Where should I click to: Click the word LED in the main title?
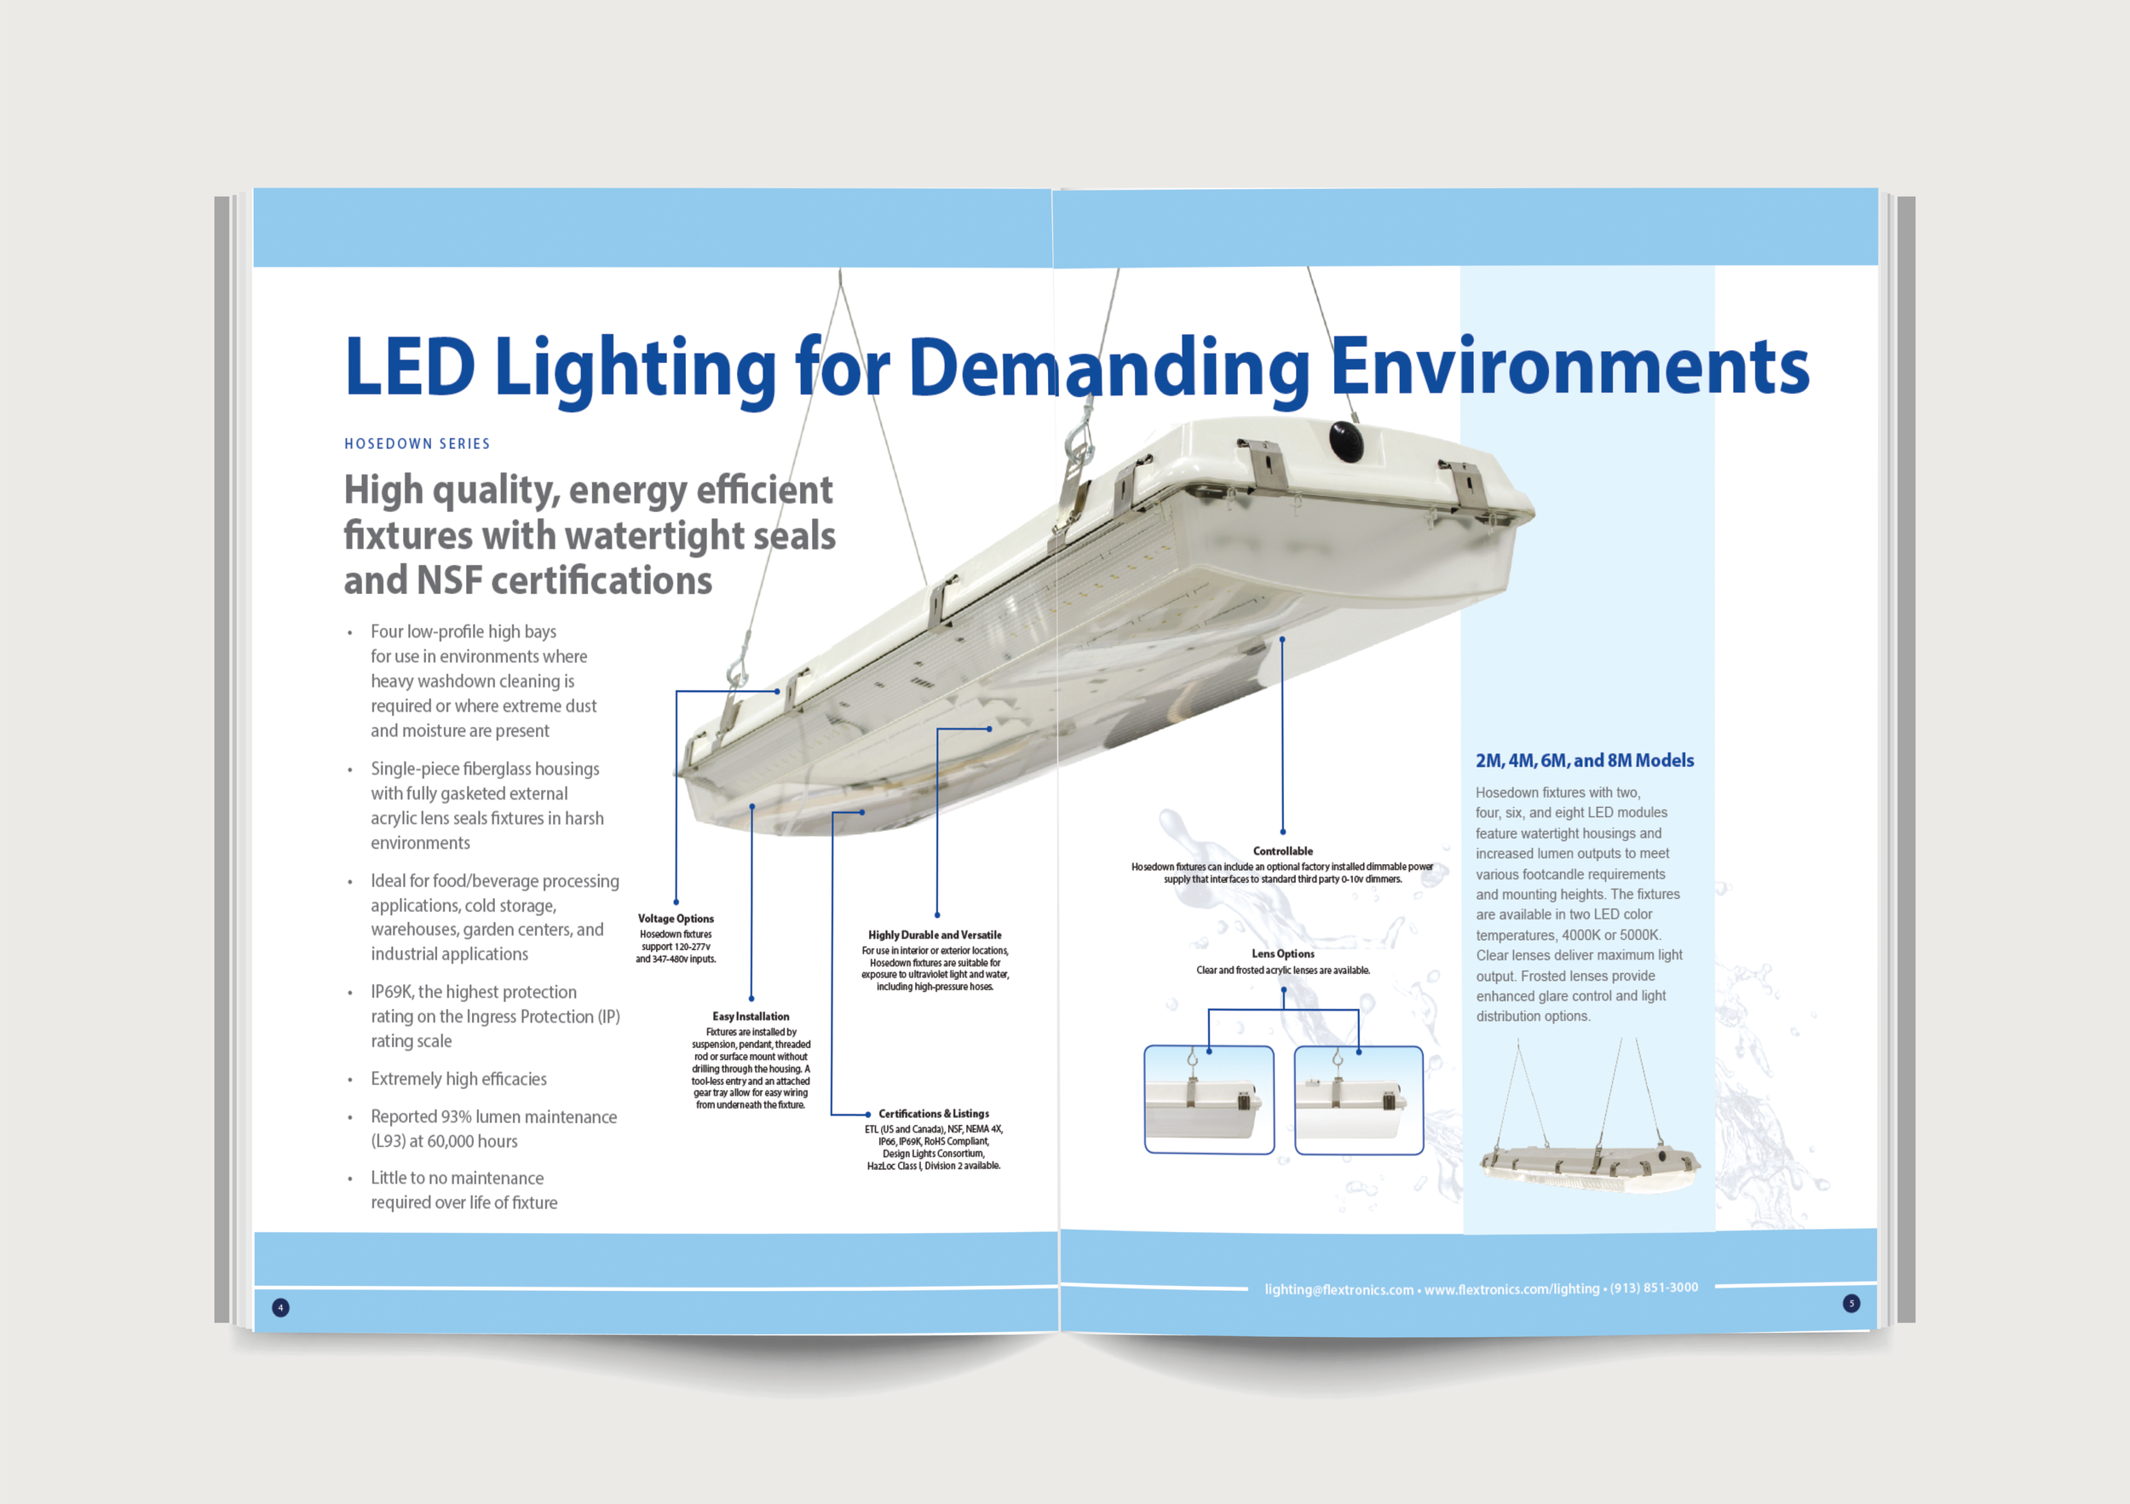(x=409, y=366)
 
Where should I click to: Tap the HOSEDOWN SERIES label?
(x=417, y=443)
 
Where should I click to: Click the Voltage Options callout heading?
(x=676, y=919)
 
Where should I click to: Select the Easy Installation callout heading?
(x=751, y=1016)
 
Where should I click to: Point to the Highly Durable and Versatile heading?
(x=934, y=934)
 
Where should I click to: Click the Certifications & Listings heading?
(x=933, y=1114)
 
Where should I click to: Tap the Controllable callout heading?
(x=1282, y=850)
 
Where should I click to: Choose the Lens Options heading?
(x=1282, y=954)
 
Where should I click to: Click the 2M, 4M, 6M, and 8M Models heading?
(x=1584, y=761)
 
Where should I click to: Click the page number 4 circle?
(x=280, y=1307)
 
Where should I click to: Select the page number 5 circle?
(x=1851, y=1303)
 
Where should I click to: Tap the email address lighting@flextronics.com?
(x=1338, y=1289)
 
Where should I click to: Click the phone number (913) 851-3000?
(x=1653, y=1288)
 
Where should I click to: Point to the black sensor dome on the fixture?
(x=1345, y=441)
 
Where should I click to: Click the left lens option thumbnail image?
(x=1209, y=1100)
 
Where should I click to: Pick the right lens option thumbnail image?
(x=1358, y=1100)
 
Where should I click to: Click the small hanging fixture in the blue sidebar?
(x=1588, y=1164)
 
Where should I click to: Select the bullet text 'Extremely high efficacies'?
(x=458, y=1079)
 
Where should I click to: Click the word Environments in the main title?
(x=1569, y=366)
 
